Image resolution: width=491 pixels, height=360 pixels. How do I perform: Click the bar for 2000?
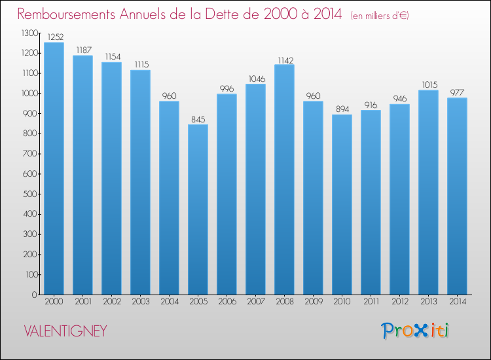pos(54,168)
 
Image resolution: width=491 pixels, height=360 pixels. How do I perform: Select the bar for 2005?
pos(198,209)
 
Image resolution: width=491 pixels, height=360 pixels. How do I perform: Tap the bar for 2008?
pos(284,179)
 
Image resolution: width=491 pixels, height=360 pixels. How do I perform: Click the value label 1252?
pos(54,37)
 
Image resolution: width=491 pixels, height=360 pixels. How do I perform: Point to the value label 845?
pos(198,119)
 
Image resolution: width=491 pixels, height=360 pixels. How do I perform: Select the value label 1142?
pos(284,60)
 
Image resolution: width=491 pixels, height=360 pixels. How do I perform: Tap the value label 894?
pos(342,109)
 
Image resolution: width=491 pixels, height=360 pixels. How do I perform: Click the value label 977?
pos(457,92)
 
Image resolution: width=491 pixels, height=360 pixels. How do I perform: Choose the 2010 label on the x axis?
pos(342,303)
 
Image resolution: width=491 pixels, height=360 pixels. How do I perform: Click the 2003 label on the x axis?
pos(140,303)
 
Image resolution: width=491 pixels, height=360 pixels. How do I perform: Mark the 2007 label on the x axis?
pos(255,303)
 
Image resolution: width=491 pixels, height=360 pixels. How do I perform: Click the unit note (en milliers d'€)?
pos(380,16)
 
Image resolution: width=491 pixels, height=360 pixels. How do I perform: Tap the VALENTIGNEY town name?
pos(65,331)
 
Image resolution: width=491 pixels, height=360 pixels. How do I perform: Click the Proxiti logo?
pos(414,331)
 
